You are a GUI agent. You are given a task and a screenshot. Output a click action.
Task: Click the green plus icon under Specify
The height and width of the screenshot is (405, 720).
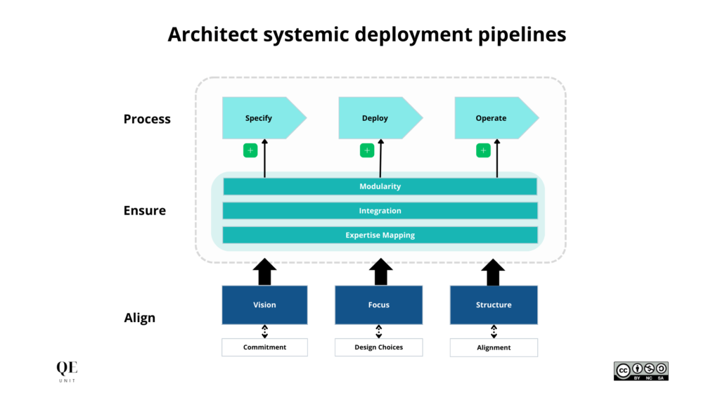point(250,150)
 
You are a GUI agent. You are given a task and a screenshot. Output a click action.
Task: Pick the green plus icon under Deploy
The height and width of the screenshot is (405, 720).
point(367,150)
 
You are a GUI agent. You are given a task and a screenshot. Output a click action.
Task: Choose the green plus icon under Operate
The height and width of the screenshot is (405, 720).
point(483,150)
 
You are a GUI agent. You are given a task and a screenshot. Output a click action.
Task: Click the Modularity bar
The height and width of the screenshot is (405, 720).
point(380,186)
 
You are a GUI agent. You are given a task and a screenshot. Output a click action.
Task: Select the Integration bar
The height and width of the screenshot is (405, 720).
point(380,211)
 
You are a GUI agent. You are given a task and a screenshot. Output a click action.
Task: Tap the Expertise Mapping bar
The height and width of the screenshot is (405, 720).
point(380,235)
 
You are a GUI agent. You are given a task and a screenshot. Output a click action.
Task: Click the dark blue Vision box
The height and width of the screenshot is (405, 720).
point(264,304)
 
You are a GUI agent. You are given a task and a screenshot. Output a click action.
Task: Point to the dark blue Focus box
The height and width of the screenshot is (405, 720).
point(379,304)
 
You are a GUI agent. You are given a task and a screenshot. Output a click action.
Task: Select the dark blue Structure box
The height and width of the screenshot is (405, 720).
point(494,304)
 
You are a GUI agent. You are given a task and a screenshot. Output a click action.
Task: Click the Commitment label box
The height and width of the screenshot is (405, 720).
point(264,347)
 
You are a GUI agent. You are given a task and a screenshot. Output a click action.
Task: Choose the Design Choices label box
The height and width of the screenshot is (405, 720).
point(379,347)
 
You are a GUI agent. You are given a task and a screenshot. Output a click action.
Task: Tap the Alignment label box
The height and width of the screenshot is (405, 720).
point(494,347)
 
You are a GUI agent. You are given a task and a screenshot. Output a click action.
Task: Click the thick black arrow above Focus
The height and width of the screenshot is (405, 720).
point(380,271)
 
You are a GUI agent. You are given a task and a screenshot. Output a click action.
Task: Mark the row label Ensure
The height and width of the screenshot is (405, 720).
point(145,210)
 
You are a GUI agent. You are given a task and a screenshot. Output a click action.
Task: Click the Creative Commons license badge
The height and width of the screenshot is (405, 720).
point(641,371)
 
